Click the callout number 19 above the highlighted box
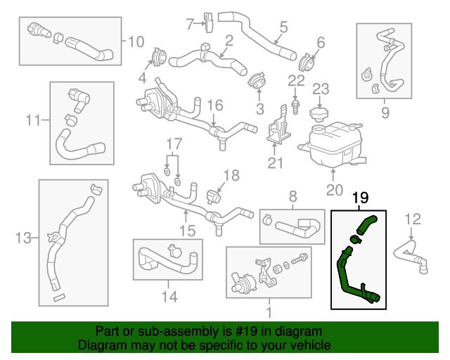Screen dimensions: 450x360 tap(360, 198)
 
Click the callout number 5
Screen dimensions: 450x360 tap(283, 27)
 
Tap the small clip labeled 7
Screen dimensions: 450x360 tap(209, 22)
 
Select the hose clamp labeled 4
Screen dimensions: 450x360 tap(159, 58)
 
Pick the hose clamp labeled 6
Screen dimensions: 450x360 tap(307, 63)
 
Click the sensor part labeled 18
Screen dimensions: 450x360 tap(214, 197)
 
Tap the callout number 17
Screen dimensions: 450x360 tap(174, 144)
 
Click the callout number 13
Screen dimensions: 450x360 tap(23, 238)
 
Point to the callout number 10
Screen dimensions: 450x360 tap(136, 42)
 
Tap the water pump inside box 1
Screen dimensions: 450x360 tap(243, 282)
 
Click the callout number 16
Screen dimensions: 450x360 tap(215, 105)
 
